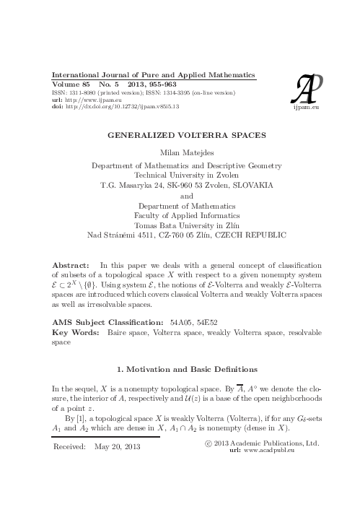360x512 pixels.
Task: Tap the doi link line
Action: pos(115,106)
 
